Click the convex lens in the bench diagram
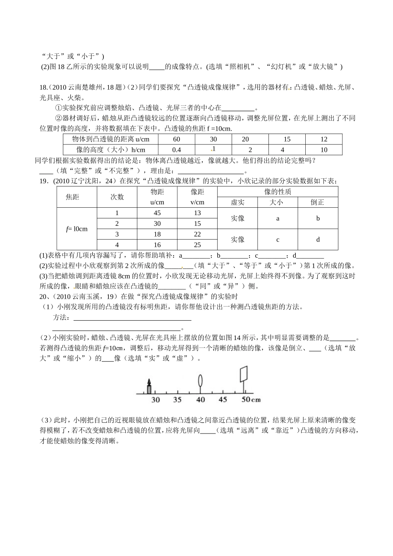201,381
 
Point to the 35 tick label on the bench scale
177,400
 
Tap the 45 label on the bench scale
223,400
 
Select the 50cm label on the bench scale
251,400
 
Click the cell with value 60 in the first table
177,139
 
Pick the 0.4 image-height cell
177,150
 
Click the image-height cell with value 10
324,150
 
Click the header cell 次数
117,197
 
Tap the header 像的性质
278,192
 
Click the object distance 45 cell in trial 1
157,213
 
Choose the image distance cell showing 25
197,245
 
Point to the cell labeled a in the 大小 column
278,218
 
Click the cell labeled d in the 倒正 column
318,240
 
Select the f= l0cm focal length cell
77,229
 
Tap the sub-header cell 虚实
237,202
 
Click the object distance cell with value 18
157,234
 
